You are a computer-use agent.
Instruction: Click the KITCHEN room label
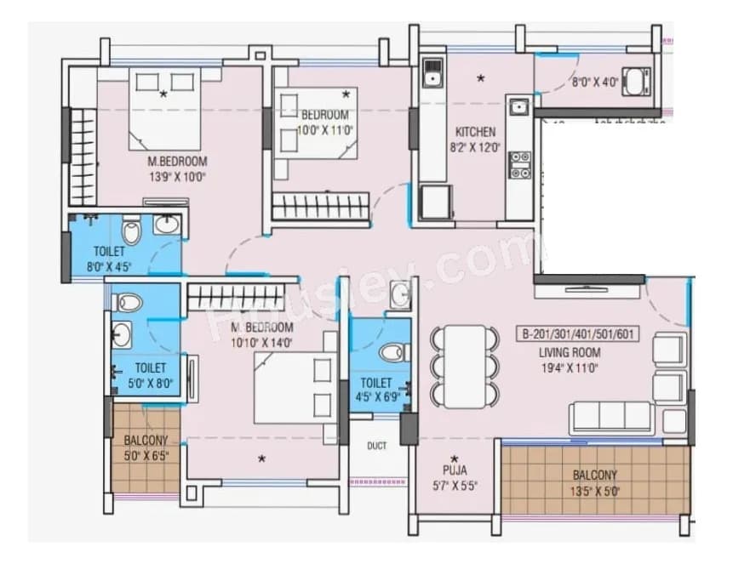[x=475, y=132]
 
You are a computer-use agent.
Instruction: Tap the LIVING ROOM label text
[x=569, y=352]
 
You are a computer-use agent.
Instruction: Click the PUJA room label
[x=454, y=469]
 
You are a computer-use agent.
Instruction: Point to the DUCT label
[x=376, y=446]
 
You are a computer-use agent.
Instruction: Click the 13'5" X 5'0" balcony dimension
[x=595, y=488]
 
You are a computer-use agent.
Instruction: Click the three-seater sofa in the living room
[x=612, y=416]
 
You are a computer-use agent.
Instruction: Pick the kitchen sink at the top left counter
[x=432, y=73]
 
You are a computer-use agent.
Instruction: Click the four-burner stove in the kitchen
[x=518, y=165]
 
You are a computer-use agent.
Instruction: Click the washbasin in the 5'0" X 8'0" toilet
[x=122, y=332]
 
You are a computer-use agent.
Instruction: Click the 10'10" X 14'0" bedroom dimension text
[x=262, y=343]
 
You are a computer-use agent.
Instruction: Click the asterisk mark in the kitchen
[x=480, y=79]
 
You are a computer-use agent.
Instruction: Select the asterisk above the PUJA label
[x=454, y=458]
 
